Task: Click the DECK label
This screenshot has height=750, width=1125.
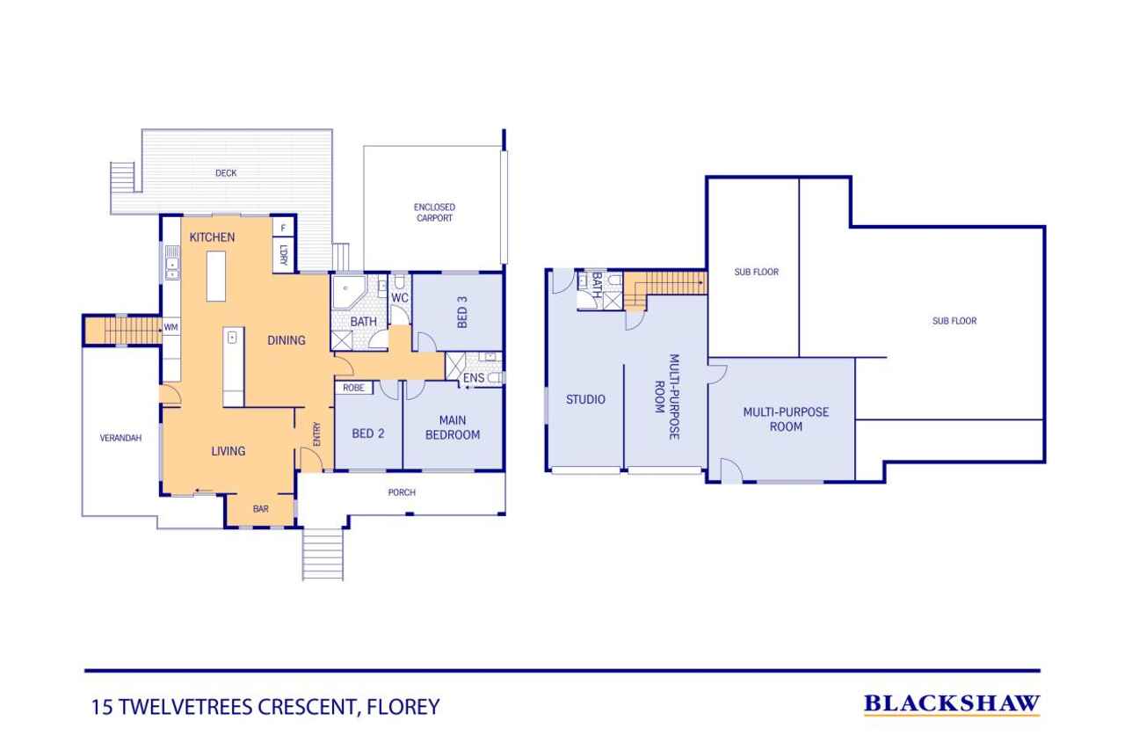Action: [226, 173]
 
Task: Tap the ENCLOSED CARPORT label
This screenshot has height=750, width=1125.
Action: [434, 213]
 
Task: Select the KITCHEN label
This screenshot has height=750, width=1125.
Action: [212, 237]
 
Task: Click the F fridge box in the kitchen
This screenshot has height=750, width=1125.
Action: [283, 228]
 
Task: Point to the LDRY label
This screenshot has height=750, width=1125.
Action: [283, 255]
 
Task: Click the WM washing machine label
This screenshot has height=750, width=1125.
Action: [171, 327]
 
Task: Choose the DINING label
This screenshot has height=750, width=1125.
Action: [287, 340]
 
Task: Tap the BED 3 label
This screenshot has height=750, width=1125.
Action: [462, 312]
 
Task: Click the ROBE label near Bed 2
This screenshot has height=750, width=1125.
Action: [353, 388]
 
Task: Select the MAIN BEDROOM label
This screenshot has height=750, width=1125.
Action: [453, 427]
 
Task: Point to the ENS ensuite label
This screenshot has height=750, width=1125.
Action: [474, 378]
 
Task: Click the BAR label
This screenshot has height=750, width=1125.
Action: [261, 509]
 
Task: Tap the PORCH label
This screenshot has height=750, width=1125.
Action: [402, 492]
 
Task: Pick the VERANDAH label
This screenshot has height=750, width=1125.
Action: [120, 438]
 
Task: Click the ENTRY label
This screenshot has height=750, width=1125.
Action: [316, 434]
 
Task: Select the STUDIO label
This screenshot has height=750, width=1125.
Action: [585, 399]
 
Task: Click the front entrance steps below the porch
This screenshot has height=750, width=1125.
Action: [323, 555]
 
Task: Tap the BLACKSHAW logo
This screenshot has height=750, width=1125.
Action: [952, 704]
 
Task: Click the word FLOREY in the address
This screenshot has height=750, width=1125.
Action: [403, 707]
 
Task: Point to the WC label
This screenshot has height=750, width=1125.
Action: [400, 298]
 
